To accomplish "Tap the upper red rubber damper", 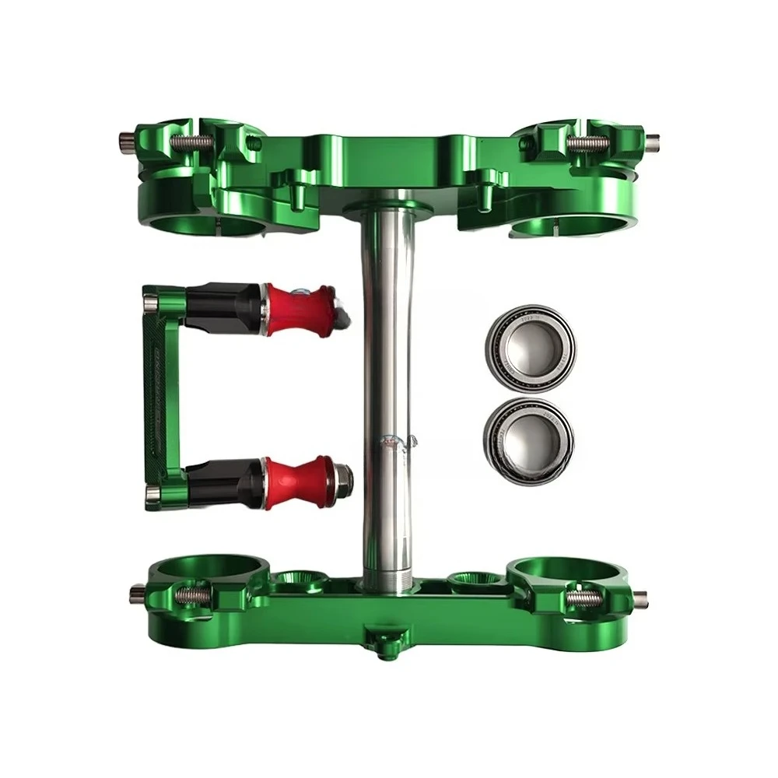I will click(x=300, y=309).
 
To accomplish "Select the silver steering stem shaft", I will click(x=387, y=373).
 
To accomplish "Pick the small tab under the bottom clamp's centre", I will click(x=382, y=645).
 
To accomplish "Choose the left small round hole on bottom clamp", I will click(x=299, y=579).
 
